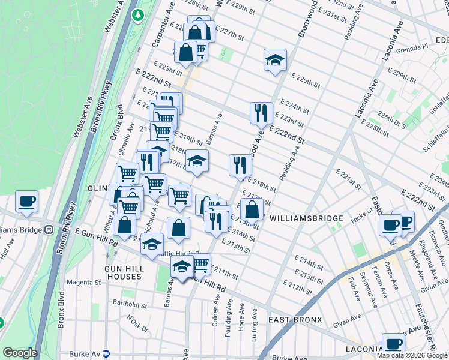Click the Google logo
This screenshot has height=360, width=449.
[20, 353]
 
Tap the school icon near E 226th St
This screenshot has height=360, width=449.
[275, 60]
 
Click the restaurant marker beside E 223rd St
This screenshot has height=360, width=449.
[260, 112]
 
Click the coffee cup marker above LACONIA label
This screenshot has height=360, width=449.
[393, 344]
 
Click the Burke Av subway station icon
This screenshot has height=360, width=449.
[106, 354]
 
